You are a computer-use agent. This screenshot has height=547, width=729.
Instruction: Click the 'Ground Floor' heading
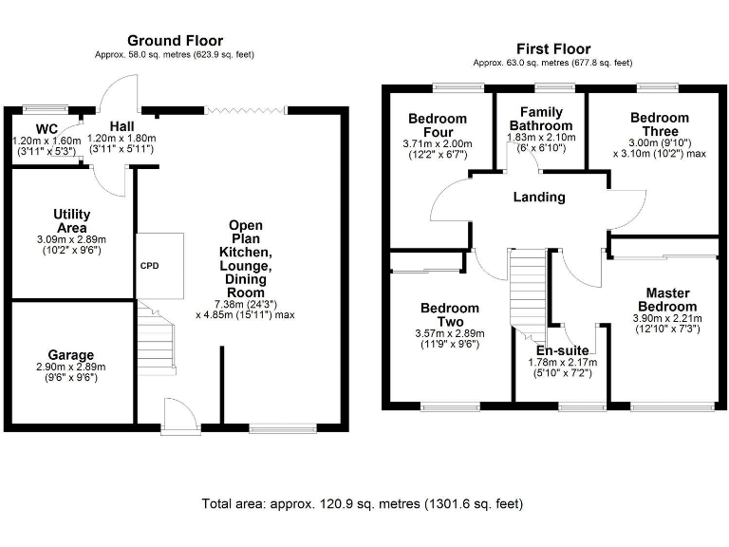click(x=176, y=40)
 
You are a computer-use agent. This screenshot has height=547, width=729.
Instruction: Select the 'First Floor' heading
click(x=552, y=48)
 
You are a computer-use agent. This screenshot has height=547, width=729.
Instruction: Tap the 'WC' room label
click(x=47, y=128)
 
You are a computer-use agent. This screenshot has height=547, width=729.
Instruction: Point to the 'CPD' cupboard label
click(x=150, y=266)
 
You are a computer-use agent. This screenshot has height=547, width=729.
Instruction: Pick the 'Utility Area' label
click(x=71, y=222)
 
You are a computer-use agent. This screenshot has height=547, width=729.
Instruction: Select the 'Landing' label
click(x=539, y=198)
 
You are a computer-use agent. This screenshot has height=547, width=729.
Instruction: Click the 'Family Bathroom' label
click(x=540, y=119)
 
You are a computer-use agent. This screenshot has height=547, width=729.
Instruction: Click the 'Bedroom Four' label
click(x=438, y=125)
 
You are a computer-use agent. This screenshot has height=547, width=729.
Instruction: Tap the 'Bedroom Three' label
click(x=659, y=125)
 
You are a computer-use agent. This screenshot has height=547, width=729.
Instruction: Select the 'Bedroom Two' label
click(x=450, y=315)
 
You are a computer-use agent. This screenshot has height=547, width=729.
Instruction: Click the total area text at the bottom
click(x=363, y=503)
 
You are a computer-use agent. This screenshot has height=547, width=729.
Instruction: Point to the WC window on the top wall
click(x=46, y=106)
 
